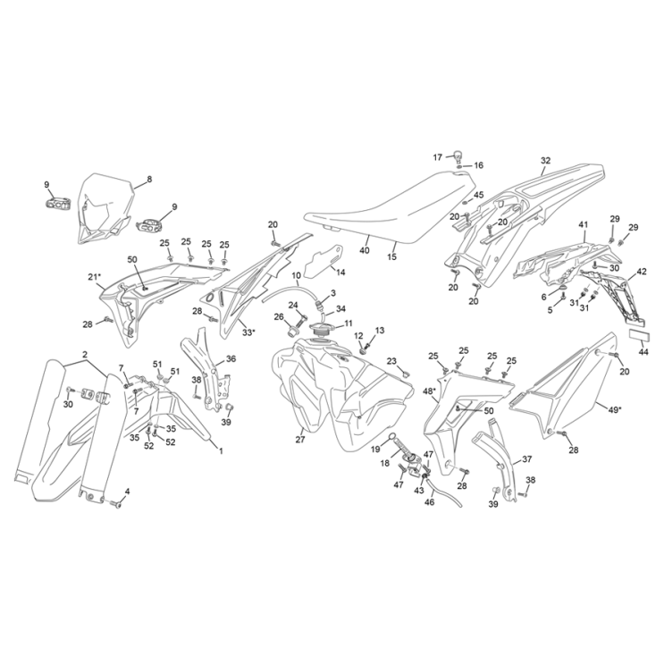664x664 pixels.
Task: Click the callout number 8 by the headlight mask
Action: tap(149, 180)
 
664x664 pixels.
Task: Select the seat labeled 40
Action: tap(390, 207)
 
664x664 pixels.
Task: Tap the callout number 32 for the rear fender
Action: tap(545, 161)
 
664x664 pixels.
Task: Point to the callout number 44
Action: tap(643, 351)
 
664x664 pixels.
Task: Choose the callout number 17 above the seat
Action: tap(437, 157)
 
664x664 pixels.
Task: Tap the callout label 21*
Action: tap(95, 277)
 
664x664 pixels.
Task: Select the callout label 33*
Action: tap(248, 332)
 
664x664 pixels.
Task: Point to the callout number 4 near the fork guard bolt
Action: tap(128, 492)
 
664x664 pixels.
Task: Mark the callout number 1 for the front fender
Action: tap(221, 452)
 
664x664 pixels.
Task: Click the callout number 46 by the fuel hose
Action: tap(429, 502)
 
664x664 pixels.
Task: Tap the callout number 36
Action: tap(231, 359)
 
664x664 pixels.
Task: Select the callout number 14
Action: tap(340, 273)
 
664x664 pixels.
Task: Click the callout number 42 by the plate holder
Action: tap(642, 272)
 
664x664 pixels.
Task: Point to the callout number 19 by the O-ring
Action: tap(375, 450)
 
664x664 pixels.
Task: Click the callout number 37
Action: tap(527, 459)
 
